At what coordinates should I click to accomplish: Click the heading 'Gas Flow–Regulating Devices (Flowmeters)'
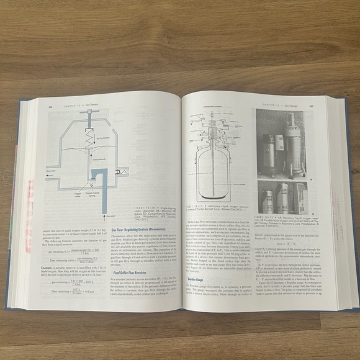[145, 228]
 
